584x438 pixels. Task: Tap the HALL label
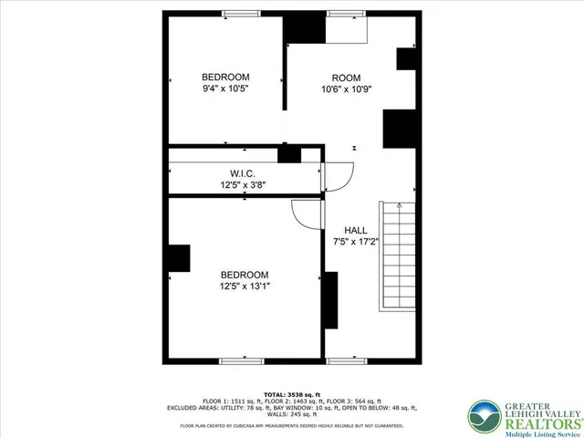[356, 230]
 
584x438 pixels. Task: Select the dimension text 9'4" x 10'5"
[225, 89]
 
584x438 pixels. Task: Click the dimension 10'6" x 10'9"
[346, 89]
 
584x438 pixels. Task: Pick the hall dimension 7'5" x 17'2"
[356, 243]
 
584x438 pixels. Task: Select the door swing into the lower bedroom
[307, 214]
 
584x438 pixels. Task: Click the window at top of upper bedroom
[241, 13]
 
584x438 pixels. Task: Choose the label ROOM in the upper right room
[346, 78]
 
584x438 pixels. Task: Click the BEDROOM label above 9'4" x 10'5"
[225, 77]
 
